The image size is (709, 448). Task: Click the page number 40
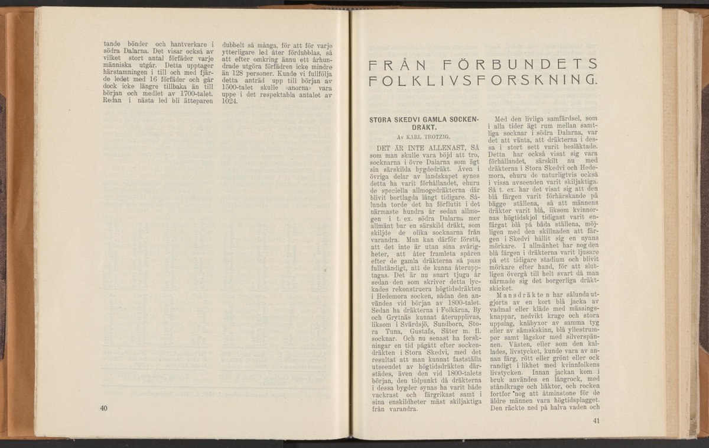[105, 408]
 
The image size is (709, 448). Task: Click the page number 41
[595, 421]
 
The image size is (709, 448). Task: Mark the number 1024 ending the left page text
[229, 101]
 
